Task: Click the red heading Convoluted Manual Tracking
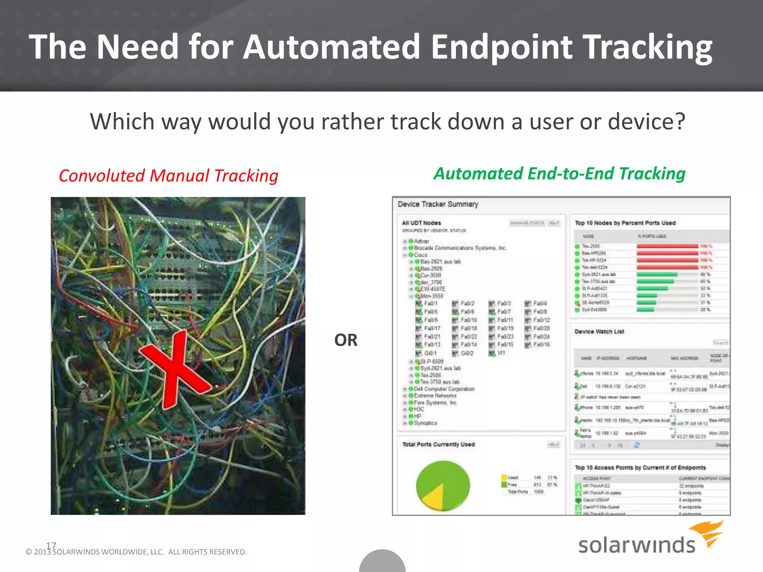(x=168, y=176)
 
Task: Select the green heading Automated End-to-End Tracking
(x=559, y=174)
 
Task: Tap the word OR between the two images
(x=345, y=340)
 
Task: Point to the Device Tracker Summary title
(x=437, y=204)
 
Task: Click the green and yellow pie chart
(x=443, y=486)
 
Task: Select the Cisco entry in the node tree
(x=420, y=255)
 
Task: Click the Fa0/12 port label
(x=541, y=320)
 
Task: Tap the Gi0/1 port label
(x=430, y=353)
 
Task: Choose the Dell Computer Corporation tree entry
(x=444, y=389)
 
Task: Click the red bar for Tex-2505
(x=667, y=246)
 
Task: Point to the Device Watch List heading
(x=599, y=331)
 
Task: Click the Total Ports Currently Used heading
(x=438, y=444)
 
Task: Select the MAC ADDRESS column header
(x=684, y=358)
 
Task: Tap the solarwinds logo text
(x=636, y=545)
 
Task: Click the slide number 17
(x=51, y=545)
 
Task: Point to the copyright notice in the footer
(x=136, y=552)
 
